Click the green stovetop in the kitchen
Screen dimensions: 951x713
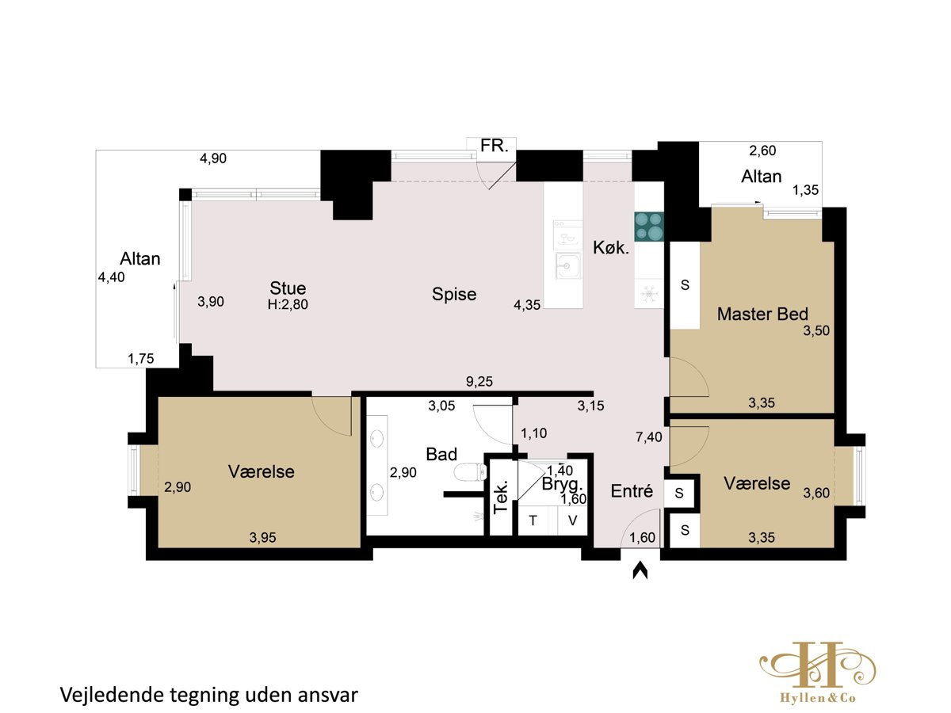coord(648,227)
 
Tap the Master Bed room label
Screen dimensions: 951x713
coord(762,314)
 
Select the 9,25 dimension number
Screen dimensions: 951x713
coord(479,381)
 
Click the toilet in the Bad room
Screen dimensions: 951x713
coord(471,472)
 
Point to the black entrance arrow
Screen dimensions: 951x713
coord(640,570)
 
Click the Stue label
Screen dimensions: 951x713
coord(288,288)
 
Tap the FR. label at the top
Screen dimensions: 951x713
coord(494,146)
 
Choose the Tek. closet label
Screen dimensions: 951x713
coord(500,497)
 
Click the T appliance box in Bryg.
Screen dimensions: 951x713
coord(533,520)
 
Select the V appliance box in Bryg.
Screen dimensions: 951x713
coord(572,520)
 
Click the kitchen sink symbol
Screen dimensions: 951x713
coord(567,266)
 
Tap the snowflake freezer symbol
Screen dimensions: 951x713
coord(648,294)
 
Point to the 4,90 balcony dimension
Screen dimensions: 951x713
coord(212,158)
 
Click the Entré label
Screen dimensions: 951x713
coord(632,491)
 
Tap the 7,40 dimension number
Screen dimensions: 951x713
coord(648,437)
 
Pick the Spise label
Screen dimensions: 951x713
coord(454,295)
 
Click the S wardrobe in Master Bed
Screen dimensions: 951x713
coord(685,285)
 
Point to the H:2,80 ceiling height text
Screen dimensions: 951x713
coord(288,304)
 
